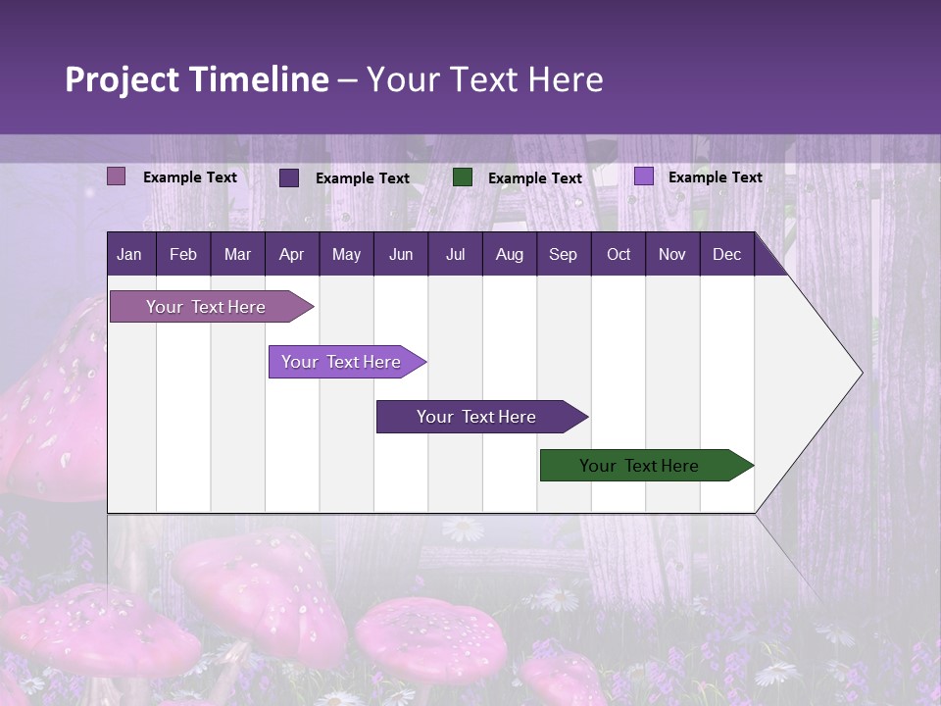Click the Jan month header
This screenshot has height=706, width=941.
[x=129, y=254]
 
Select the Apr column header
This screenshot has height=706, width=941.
[x=291, y=254]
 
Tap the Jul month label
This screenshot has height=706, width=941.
[x=455, y=254]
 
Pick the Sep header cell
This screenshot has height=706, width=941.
[x=563, y=254]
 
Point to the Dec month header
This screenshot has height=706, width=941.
[x=726, y=254]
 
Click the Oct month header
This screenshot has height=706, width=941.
[x=619, y=254]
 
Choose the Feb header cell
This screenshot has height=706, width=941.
[x=183, y=254]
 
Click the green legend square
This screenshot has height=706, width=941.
[x=463, y=177]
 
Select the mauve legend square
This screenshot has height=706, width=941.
[x=117, y=176]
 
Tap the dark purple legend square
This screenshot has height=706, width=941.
[x=289, y=177]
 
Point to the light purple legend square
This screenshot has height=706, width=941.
[x=644, y=176]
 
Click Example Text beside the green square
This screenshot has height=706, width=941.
[x=534, y=178]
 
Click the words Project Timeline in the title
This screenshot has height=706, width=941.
[x=197, y=79]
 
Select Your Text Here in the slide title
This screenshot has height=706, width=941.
[x=485, y=79]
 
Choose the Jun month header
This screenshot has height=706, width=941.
[x=401, y=254]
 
